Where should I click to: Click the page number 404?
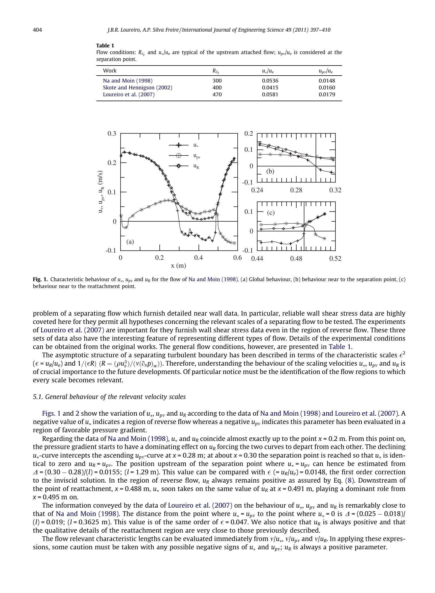tap(37, 30)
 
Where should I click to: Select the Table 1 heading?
tap(105, 46)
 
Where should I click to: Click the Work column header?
tap(110, 71)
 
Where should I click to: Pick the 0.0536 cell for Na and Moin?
tap(270, 81)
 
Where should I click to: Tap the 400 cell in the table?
tap(217, 88)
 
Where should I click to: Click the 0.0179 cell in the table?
tap(327, 95)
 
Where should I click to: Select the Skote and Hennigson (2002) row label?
tap(138, 88)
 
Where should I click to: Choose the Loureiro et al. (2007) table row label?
tap(129, 95)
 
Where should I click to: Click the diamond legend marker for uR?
tap(179, 166)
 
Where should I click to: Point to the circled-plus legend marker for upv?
tap(179, 156)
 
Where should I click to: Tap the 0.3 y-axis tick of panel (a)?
tap(112, 134)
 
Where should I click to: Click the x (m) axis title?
tap(178, 266)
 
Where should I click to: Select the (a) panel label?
tap(130, 242)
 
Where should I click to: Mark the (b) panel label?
tap(270, 172)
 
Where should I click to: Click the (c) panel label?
tap(271, 213)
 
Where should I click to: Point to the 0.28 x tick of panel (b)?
tap(296, 190)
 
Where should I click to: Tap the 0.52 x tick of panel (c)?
tap(335, 258)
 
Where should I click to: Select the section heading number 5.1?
tap(38, 397)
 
